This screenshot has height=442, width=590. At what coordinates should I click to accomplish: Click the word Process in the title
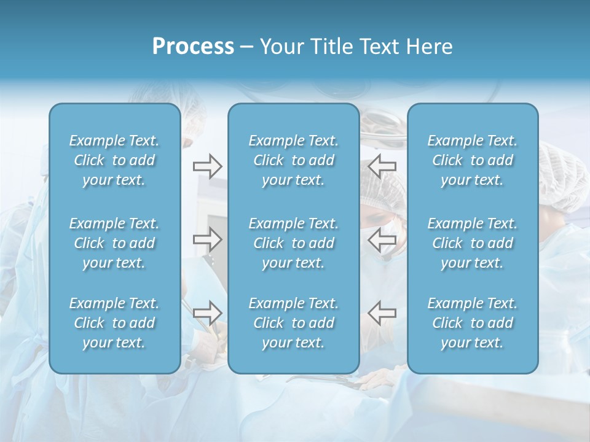pos(193,47)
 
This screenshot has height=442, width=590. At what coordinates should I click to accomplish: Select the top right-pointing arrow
pos(207,166)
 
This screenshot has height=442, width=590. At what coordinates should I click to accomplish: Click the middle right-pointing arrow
pos(207,239)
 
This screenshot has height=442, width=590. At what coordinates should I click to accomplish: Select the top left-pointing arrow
pos(382,166)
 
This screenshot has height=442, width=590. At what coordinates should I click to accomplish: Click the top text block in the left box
pos(114,160)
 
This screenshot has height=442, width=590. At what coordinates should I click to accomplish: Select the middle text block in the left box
pos(114,243)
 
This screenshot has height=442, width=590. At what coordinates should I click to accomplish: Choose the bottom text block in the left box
pos(114,323)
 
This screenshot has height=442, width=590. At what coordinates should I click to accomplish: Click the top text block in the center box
pos(294,160)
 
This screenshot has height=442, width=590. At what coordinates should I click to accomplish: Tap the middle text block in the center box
pos(294,243)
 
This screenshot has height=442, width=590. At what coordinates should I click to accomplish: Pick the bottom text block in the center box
pos(294,323)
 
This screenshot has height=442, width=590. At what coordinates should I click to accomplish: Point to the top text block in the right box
pos(473,160)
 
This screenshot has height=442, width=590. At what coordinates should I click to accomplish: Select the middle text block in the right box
pos(473,243)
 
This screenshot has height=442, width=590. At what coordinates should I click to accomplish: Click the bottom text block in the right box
pos(473,323)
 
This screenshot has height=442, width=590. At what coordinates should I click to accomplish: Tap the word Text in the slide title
pos(382,47)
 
